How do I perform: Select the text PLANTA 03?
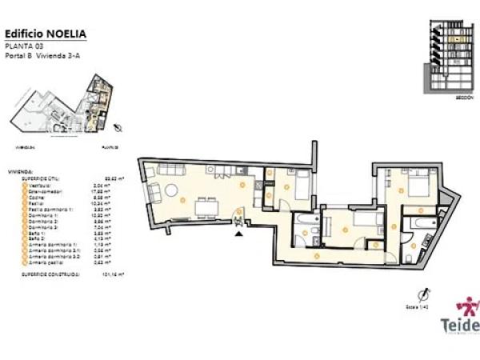coord(23,46)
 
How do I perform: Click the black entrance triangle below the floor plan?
coord(238,234)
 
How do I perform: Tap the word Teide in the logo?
coord(459,326)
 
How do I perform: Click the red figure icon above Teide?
coord(467,306)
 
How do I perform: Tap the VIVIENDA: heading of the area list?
coord(19,171)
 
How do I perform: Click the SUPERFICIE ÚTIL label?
coord(41,178)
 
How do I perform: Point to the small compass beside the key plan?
coord(118,127)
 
